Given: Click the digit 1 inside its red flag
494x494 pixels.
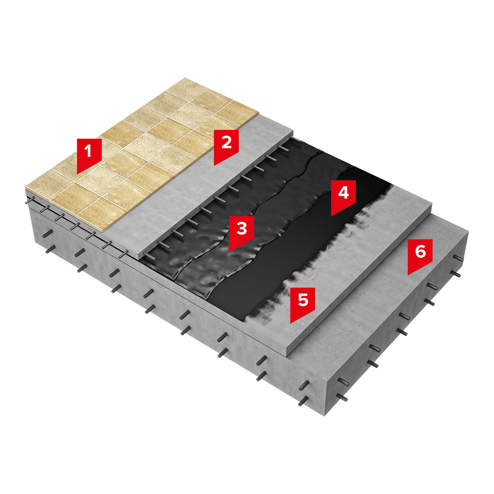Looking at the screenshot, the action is pyautogui.click(x=88, y=151).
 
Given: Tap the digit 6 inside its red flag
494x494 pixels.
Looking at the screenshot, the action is pyautogui.click(x=420, y=251).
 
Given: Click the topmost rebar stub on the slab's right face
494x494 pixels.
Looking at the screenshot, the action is pyautogui.click(x=458, y=258).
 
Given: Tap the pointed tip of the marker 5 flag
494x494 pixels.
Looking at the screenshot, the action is pyautogui.click(x=291, y=323).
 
